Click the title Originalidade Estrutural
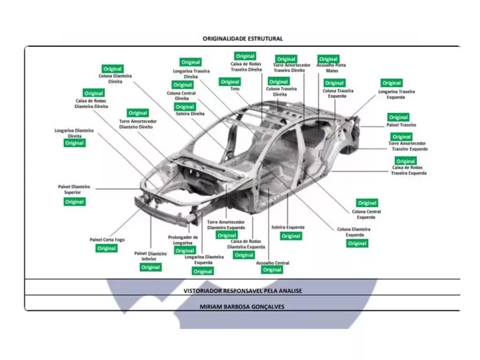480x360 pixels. [x=243, y=39]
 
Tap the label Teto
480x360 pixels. [x=235, y=89]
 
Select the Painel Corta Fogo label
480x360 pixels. [x=107, y=240]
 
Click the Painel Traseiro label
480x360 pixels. [x=401, y=125]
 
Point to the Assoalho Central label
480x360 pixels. [x=273, y=263]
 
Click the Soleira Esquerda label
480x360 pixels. [x=288, y=227]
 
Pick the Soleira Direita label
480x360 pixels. [x=189, y=114]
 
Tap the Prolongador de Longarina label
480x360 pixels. [x=183, y=240]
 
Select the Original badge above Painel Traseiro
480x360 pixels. [x=398, y=117]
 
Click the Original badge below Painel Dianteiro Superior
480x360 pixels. [x=74, y=201]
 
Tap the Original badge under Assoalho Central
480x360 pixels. [x=272, y=270]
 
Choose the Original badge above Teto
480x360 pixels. [x=230, y=81]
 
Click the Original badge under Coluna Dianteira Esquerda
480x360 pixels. [x=357, y=243]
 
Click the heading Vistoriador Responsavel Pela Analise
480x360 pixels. [x=243, y=291]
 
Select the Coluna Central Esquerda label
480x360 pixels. [x=366, y=215]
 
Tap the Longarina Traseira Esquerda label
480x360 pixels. [x=397, y=94]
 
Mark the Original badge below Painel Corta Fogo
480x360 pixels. [x=106, y=248]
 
